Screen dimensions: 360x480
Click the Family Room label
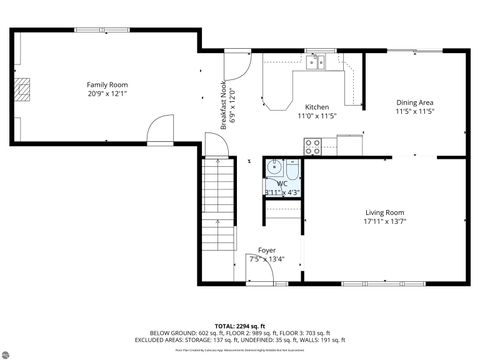(x=107, y=85)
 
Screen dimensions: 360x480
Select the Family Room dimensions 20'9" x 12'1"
(x=107, y=94)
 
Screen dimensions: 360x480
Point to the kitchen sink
(x=318, y=63)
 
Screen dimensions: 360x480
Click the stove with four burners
(x=312, y=146)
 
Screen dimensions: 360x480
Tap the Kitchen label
(x=317, y=107)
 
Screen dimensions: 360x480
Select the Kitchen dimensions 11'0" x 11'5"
(x=317, y=116)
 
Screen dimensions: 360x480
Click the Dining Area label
(x=414, y=102)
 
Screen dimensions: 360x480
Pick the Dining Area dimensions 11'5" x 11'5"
(x=414, y=111)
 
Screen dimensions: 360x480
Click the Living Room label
(x=383, y=212)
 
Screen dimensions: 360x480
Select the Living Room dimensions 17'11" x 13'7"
(x=383, y=221)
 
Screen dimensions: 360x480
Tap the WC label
(x=282, y=183)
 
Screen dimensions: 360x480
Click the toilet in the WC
(x=292, y=169)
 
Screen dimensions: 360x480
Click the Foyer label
(x=267, y=250)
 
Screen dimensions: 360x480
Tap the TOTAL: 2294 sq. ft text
(x=240, y=325)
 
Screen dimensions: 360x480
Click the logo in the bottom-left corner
(x=12, y=350)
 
